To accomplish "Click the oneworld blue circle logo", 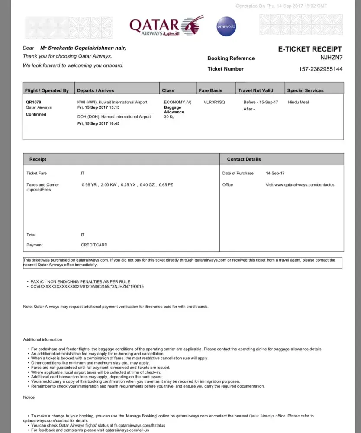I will tap(226, 26).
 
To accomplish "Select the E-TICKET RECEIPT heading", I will tap(309, 49).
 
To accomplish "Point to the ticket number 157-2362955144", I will tap(320, 69).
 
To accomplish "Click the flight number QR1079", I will tap(33, 103).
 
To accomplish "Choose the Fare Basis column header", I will tap(210, 90).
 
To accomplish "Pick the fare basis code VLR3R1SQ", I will tap(214, 103).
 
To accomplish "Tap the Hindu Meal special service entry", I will tap(298, 103).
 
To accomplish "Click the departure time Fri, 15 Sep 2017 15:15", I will tap(98, 107).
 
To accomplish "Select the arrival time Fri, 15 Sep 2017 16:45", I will tap(98, 123).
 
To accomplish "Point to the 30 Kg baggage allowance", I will tap(169, 117).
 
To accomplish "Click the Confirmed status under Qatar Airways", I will tap(36, 114).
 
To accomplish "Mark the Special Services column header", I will tap(305, 90).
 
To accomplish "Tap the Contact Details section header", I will tap(244, 159).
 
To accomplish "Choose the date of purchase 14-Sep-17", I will tap(275, 173).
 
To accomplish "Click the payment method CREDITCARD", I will tap(94, 245).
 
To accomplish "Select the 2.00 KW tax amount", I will tap(108, 185).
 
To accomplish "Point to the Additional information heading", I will tap(42, 339).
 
